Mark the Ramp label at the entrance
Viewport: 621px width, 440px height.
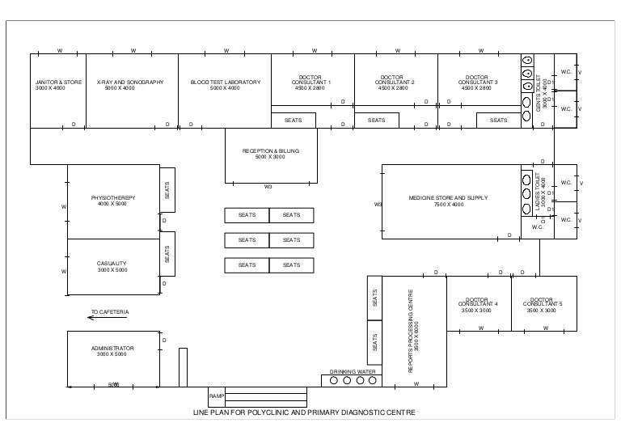(216, 396)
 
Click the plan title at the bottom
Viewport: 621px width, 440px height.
(303, 412)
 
